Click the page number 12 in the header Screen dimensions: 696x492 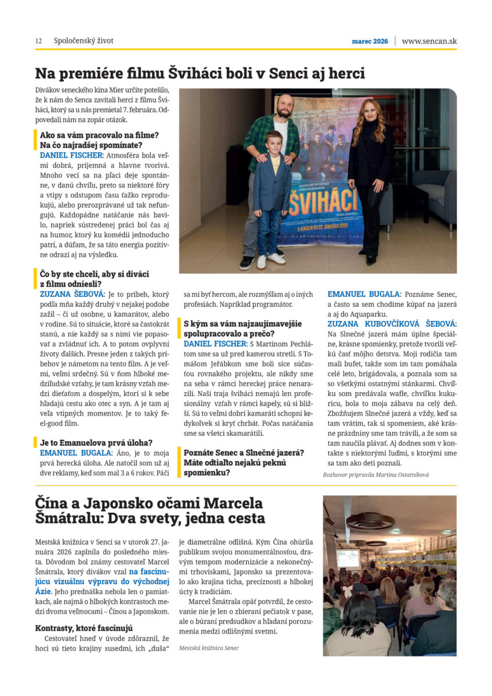coord(38,41)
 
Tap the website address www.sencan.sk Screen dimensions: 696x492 coord(429,41)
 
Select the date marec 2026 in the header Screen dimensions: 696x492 coord(370,42)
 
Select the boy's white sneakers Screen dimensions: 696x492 coord(271,259)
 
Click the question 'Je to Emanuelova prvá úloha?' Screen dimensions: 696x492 coord(96,443)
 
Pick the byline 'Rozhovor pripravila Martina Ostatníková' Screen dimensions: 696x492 coord(375,474)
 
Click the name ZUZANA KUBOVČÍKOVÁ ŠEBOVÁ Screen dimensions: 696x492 coord(392,324)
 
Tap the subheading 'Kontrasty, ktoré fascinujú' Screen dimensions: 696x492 coord(84,628)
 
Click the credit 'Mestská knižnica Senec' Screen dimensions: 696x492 coord(209,648)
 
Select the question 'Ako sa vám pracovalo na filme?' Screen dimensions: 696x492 coord(99,135)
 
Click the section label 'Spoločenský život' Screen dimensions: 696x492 coord(84,41)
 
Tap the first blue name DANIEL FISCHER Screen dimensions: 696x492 coord(71,155)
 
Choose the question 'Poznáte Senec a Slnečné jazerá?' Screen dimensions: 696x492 coord(244,452)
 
